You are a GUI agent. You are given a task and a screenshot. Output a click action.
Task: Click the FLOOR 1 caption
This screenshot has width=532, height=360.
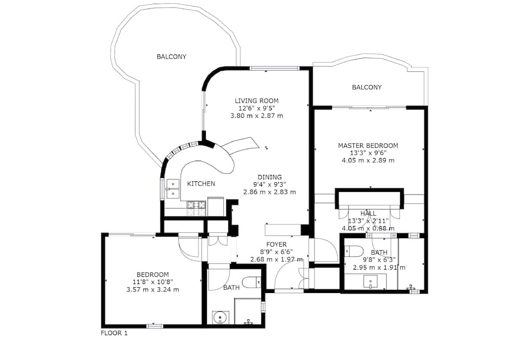(x=114, y=333)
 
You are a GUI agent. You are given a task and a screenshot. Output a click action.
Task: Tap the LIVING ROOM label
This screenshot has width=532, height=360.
(x=256, y=101)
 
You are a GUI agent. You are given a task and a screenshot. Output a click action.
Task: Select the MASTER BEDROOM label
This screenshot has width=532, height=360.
(x=368, y=146)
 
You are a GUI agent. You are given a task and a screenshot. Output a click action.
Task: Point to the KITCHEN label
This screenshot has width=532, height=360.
(x=201, y=184)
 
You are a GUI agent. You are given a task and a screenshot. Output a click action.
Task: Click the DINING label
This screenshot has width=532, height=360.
(x=270, y=177)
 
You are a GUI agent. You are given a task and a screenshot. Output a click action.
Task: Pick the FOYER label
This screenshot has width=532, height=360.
(x=277, y=245)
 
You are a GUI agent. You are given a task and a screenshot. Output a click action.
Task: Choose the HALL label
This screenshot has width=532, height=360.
(x=368, y=214)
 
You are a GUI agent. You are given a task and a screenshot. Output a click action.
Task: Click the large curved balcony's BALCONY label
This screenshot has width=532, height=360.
(x=171, y=56)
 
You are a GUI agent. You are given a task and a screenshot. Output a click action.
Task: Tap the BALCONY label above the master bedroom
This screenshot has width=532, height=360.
(x=367, y=87)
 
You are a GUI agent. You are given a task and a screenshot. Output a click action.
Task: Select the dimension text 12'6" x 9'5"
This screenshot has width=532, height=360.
(x=256, y=108)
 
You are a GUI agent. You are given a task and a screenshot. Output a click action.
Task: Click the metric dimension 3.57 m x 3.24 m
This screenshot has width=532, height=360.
(x=153, y=289)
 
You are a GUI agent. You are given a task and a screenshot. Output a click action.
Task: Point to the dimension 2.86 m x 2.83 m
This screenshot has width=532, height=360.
(x=270, y=192)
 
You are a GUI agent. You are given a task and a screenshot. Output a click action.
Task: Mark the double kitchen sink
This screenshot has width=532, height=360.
(x=173, y=189)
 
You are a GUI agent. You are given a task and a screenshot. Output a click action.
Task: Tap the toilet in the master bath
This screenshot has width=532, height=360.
(x=354, y=251)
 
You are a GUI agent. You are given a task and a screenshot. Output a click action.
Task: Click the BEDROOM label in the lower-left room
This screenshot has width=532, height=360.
(x=153, y=274)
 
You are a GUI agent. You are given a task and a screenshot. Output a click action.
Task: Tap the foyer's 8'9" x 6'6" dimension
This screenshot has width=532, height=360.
(x=277, y=252)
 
